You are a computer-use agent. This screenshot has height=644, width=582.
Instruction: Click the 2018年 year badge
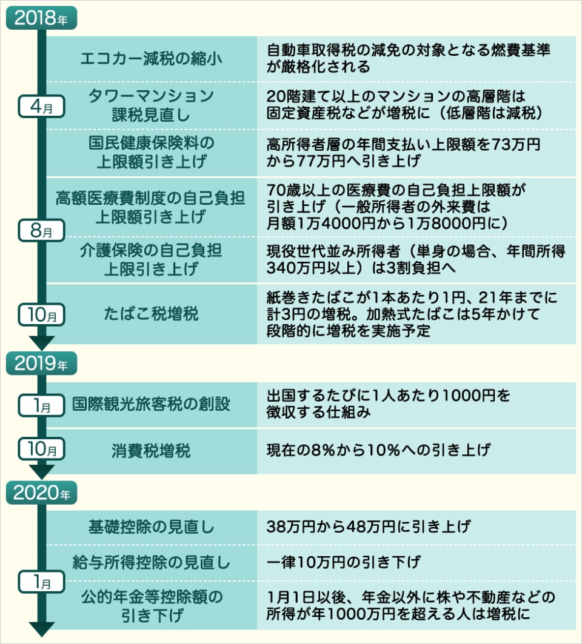[42, 18]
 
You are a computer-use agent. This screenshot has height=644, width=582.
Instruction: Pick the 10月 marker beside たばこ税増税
[42, 315]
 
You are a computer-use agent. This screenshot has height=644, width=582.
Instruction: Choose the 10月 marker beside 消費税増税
[42, 450]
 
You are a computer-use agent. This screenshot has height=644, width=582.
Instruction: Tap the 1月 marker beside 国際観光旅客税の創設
[42, 405]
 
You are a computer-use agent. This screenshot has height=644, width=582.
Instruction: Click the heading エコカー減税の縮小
[151, 59]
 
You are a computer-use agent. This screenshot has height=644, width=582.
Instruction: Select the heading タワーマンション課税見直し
[151, 104]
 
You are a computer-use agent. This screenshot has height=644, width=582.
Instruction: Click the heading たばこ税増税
[151, 314]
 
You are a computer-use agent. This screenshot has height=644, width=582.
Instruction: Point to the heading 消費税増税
[151, 451]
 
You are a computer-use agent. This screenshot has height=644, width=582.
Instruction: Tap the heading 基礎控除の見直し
[151, 526]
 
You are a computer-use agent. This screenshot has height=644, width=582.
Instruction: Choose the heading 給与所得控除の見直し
[151, 562]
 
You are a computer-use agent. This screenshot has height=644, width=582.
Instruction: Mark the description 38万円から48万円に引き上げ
[368, 526]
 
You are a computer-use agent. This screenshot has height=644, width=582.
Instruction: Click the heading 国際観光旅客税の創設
[151, 404]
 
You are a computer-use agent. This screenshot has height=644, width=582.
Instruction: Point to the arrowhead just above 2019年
[42, 343]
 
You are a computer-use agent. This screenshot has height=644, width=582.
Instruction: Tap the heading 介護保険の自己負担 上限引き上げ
[151, 259]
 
